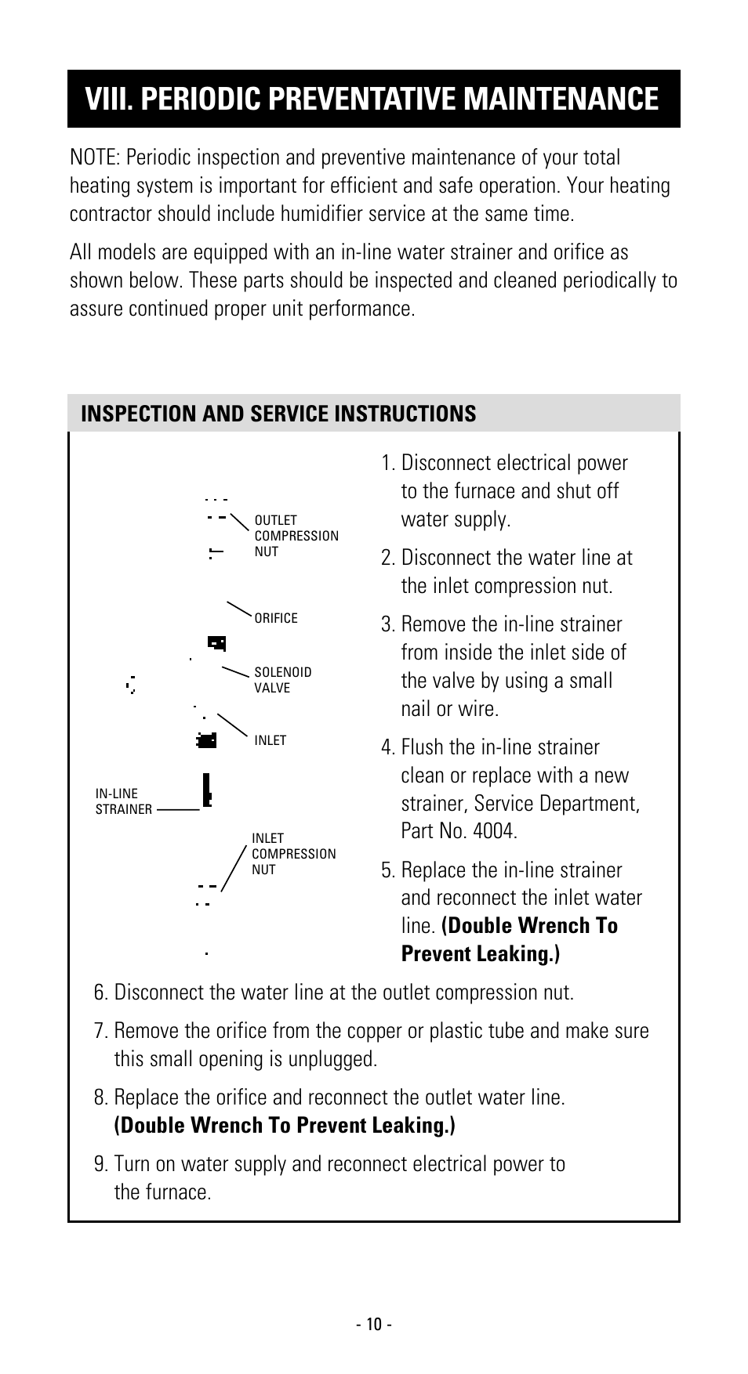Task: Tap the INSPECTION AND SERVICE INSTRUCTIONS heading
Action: pos(278,414)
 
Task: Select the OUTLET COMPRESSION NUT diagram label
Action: pos(296,536)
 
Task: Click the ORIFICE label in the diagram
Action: pos(276,618)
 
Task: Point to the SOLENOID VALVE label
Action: pos(282,680)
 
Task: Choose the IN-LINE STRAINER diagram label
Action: pos(123,801)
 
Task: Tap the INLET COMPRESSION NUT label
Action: pos(292,854)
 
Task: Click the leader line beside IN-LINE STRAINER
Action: pos(178,809)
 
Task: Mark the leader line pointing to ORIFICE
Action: pos(238,609)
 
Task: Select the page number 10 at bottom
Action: pos(373,1325)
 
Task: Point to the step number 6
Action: pos(100,993)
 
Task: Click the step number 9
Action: pos(100,1164)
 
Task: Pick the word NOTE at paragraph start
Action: pos(93,157)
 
